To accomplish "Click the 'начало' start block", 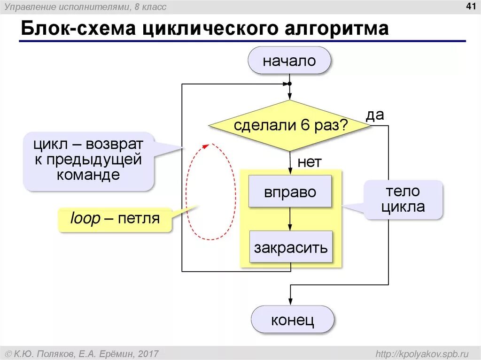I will pos(289,61).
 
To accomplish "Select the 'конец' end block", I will pos(292,321).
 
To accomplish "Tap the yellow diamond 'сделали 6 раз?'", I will pos(290,125).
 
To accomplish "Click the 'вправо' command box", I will pos(290,191).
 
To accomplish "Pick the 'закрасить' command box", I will pos(290,247).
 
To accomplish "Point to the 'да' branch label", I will pos(375,115).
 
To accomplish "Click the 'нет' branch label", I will pos(309,162).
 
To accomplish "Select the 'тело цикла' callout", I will pos(403,199).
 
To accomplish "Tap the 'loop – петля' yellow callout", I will pos(115,219).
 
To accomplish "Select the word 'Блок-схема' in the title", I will pos(77,29).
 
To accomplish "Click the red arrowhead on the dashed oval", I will pos(205,147).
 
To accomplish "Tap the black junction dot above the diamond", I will pos(290,84).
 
